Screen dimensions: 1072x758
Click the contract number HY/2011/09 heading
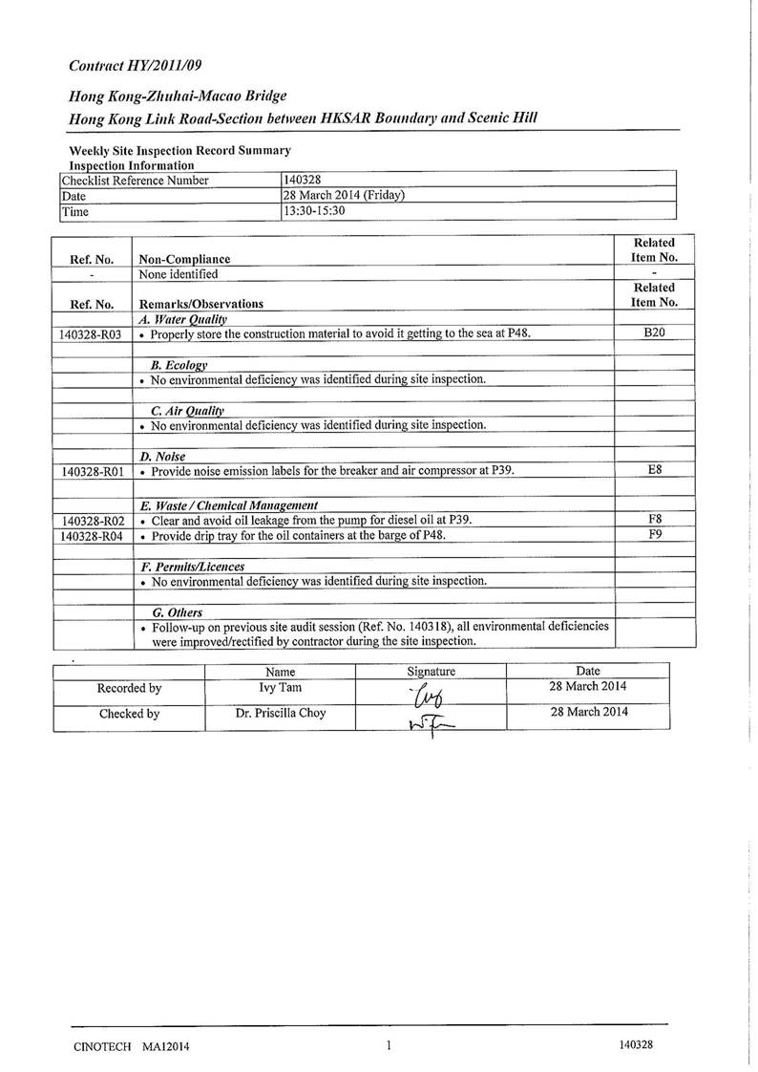tap(136, 66)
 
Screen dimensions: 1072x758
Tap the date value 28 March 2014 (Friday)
tap(345, 195)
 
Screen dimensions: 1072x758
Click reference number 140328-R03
tap(91, 334)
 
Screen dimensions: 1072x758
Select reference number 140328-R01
tap(91, 471)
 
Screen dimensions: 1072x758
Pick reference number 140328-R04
tap(91, 536)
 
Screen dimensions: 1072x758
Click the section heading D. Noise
tap(162, 457)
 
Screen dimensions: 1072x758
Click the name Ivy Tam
tap(281, 688)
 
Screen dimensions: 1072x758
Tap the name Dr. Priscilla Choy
tap(281, 713)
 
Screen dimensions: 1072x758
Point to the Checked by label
tap(129, 714)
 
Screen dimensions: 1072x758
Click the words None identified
tap(179, 274)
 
